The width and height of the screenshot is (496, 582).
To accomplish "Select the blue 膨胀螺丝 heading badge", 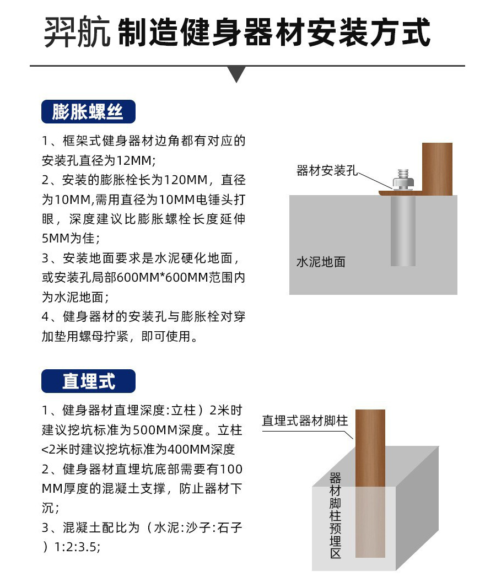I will (x=88, y=112).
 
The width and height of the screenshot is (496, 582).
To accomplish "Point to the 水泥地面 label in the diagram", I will (x=321, y=262).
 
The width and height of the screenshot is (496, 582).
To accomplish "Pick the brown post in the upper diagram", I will (x=437, y=168).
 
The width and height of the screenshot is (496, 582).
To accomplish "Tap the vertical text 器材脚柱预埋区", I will (x=336, y=515).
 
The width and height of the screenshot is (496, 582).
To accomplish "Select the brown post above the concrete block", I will (x=370, y=446).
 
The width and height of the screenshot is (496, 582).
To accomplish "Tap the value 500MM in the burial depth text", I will (x=140, y=430).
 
